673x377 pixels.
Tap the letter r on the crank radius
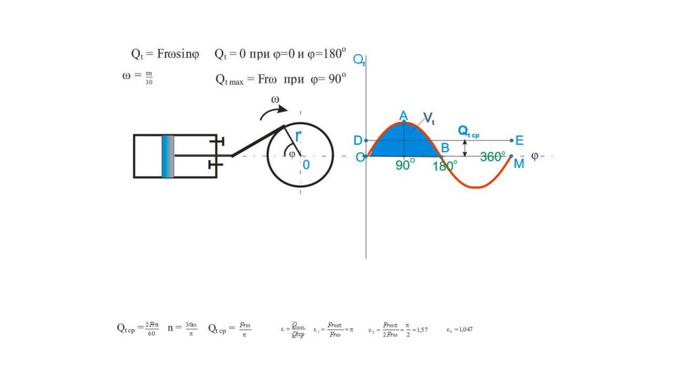coord(298,136)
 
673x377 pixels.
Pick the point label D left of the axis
coord(358,141)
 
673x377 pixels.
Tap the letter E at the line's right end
coord(519,141)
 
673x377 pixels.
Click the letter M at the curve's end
coord(519,164)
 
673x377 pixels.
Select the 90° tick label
coord(406,165)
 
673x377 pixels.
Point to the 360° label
coord(492,157)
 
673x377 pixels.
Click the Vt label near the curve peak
coord(429,119)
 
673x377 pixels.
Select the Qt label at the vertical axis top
coord(360,60)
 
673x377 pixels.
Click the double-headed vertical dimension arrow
coord(465,148)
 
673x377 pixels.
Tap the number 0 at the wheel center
coord(306,164)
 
